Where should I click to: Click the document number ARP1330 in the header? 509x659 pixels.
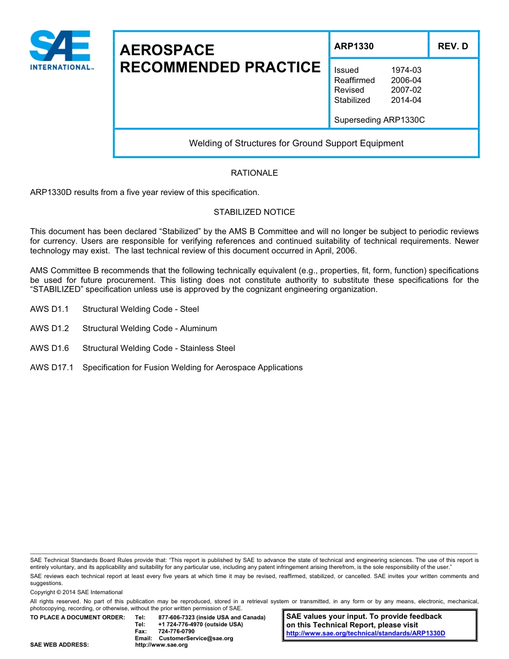[354, 46]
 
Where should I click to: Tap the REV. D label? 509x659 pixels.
[453, 46]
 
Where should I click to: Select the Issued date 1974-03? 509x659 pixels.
[406, 70]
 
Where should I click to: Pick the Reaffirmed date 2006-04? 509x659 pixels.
[406, 80]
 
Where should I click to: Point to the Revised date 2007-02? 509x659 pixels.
[406, 90]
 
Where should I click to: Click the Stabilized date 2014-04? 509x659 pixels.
[406, 100]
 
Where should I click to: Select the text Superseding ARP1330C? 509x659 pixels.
[379, 120]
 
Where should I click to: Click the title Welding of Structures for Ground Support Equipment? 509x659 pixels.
[296, 143]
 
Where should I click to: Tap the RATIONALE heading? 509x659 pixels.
[254, 173]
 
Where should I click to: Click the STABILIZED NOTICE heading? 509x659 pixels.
[254, 212]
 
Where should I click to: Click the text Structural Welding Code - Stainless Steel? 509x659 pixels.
[159, 348]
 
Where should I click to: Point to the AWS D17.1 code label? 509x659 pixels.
[51, 368]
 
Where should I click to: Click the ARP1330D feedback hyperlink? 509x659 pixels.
[365, 633]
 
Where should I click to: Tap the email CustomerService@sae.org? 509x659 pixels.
[196, 638]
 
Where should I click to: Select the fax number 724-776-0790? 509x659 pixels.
[177, 631]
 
